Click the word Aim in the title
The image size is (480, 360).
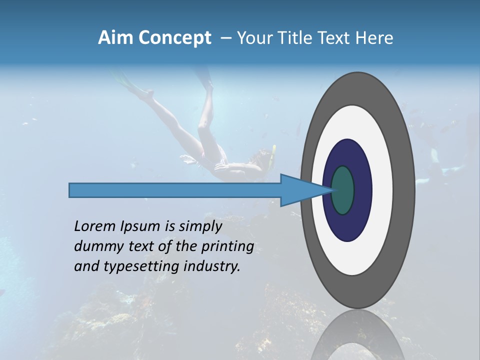(x=115, y=38)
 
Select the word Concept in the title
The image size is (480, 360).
(x=174, y=38)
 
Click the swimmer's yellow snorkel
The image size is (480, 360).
(x=272, y=155)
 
